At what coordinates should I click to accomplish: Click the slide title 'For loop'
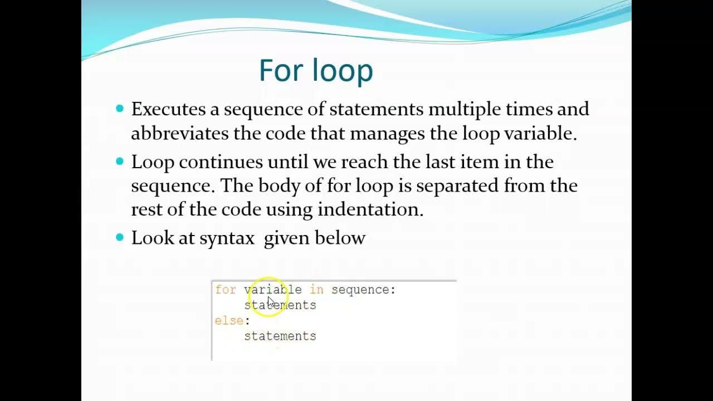[x=316, y=71]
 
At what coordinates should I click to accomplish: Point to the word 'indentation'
[x=370, y=209]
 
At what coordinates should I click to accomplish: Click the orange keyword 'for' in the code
[x=226, y=290]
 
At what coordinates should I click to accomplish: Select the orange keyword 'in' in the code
[x=316, y=290]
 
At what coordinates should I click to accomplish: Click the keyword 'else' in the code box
[x=229, y=321]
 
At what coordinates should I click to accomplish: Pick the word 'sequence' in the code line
[x=360, y=290]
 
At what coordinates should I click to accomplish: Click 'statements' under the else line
[x=280, y=336]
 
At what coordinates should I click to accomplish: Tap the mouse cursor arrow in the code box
[x=271, y=301]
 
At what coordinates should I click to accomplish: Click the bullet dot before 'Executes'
[x=120, y=109]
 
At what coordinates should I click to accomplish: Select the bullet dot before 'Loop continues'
[x=120, y=162]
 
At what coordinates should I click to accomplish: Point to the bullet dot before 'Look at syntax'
[x=120, y=237]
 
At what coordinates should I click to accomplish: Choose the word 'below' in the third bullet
[x=340, y=238]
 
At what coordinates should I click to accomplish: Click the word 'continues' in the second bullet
[x=221, y=162]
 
